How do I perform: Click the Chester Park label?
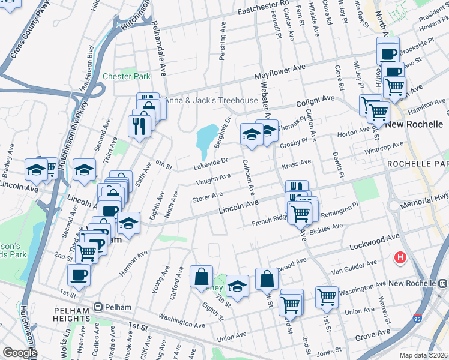126,76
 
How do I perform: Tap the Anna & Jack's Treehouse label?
203,100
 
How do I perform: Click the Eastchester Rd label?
263,7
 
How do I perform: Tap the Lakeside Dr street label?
210,161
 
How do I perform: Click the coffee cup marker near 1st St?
79,276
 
